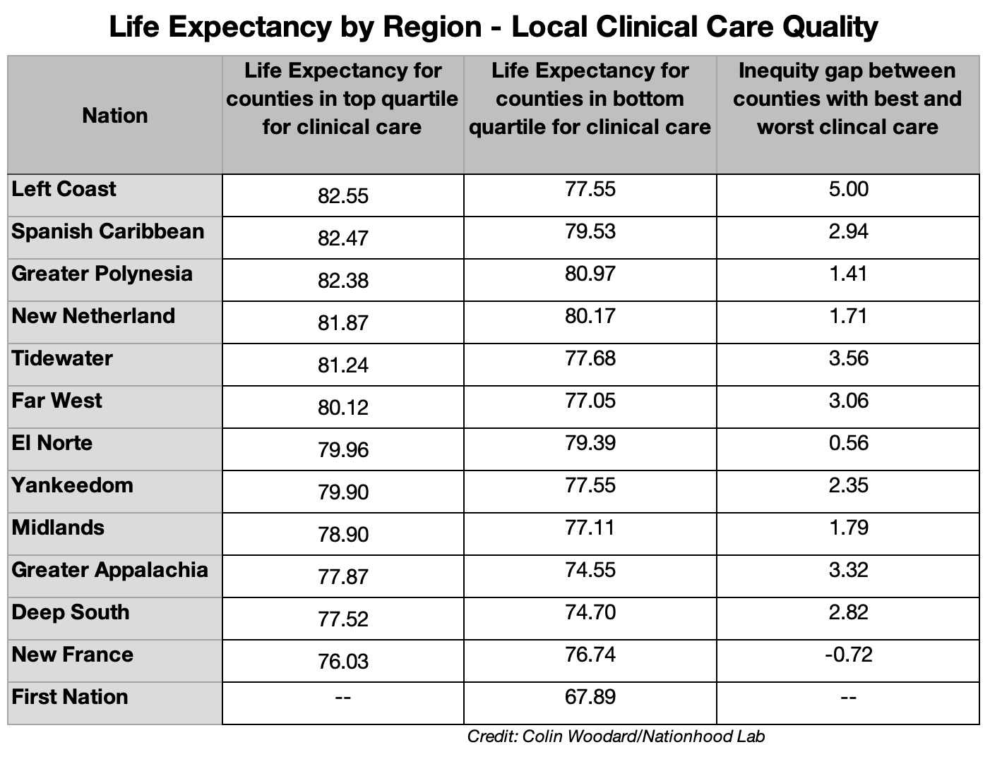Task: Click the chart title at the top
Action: (494, 27)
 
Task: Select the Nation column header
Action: (114, 115)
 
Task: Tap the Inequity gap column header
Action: (847, 99)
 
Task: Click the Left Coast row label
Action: (64, 189)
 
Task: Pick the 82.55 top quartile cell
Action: (343, 196)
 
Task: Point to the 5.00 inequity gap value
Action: (848, 189)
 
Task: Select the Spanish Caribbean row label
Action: (108, 231)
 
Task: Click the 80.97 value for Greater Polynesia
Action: (590, 274)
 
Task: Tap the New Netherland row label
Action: (93, 315)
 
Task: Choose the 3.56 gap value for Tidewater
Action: (848, 358)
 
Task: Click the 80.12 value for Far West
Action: (343, 408)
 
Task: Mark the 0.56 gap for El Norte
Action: (848, 443)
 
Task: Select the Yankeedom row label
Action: (73, 485)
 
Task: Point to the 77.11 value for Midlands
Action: (590, 528)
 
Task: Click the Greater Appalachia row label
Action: (110, 570)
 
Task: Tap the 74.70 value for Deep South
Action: (590, 612)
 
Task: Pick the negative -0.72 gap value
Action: (848, 655)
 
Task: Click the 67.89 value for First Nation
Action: (590, 697)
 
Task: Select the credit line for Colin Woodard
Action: (616, 737)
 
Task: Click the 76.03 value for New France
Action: (343, 662)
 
